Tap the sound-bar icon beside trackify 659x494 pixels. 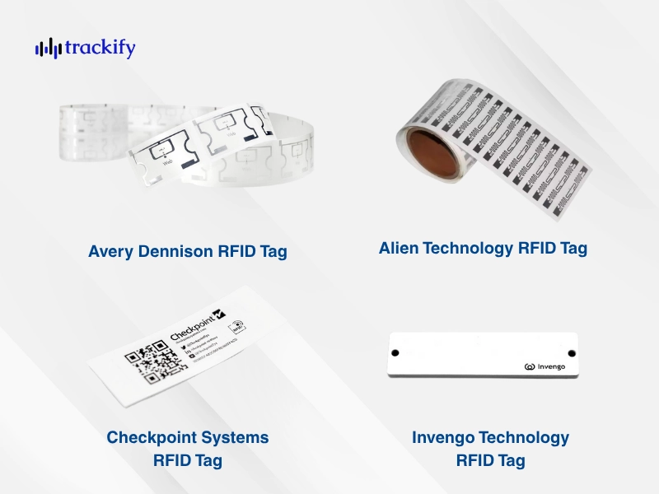[x=49, y=49]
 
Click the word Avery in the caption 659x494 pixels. [x=111, y=252]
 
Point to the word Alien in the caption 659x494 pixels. [x=400, y=248]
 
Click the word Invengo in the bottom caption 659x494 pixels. [x=446, y=437]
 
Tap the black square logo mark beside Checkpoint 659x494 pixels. [x=220, y=315]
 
